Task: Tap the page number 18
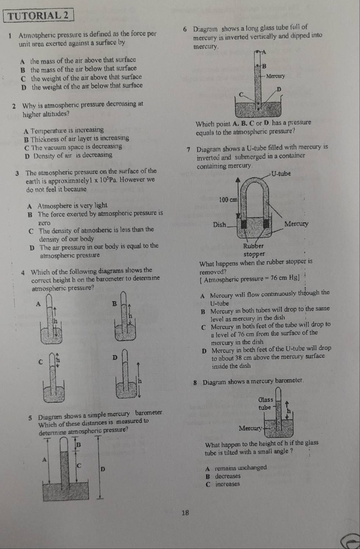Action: [186, 513]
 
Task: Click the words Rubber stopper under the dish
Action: [254, 250]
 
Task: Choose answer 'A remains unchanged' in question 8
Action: [236, 468]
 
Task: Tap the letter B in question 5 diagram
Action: [78, 445]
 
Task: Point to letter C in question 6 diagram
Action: [241, 95]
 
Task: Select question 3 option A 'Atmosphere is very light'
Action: [68, 205]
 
